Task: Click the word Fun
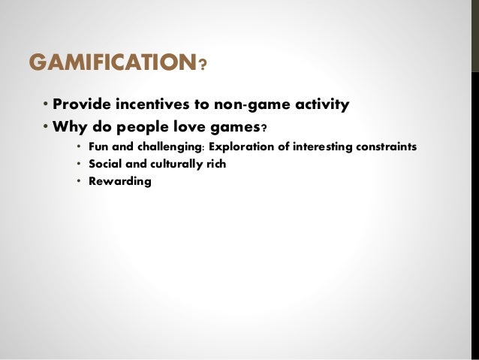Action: coord(98,145)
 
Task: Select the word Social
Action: coord(104,163)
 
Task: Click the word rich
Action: coord(217,163)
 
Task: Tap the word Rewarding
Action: coord(119,182)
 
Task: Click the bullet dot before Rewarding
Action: coord(79,182)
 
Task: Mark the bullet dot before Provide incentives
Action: coord(45,105)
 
